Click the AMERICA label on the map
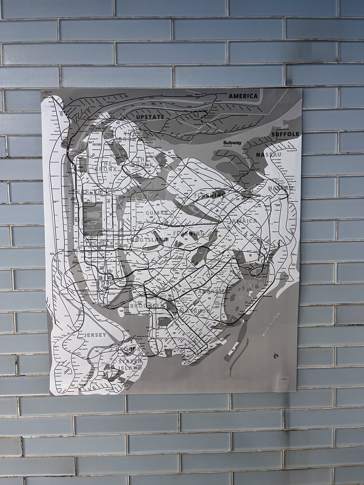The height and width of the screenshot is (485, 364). tap(243, 96)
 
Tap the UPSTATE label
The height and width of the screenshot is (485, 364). tap(150, 117)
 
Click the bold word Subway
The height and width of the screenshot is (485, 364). tap(232, 143)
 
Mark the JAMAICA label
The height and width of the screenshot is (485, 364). tap(242, 221)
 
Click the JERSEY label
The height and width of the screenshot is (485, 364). tap(95, 335)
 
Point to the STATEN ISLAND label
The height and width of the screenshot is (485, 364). tap(130, 364)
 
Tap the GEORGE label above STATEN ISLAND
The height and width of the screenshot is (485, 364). tap(129, 348)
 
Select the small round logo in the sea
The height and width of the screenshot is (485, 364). tap(275, 356)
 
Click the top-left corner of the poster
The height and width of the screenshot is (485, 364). tap(41, 91)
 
